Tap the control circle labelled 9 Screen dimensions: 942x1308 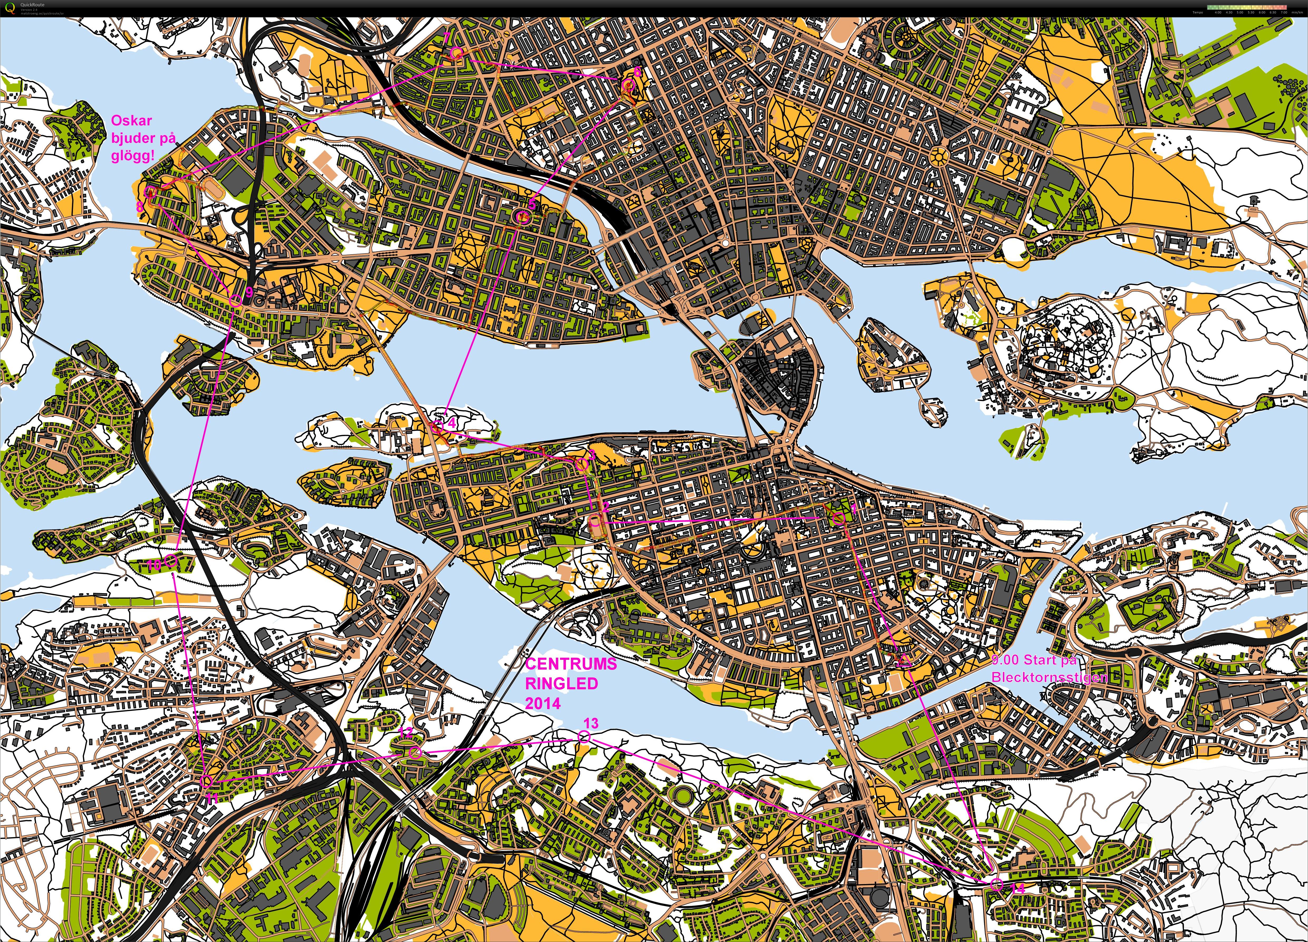point(235,299)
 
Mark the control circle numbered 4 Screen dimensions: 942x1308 point(437,426)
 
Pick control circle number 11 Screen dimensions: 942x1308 point(207,781)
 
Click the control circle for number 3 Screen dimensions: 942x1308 point(581,465)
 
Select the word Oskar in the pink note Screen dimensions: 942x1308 point(131,121)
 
